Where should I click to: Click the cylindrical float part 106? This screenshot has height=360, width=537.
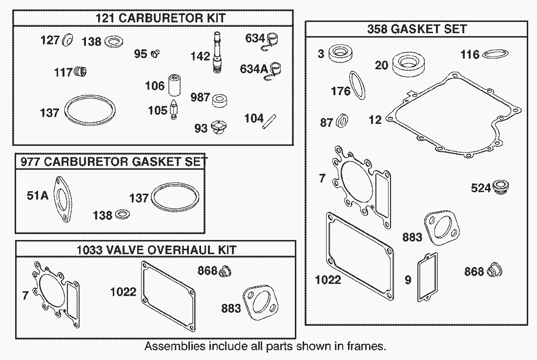(x=174, y=86)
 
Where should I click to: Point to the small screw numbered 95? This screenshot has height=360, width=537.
(x=156, y=54)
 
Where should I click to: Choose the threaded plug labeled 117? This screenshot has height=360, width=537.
(x=80, y=73)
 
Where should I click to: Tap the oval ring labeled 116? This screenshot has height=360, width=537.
(x=496, y=54)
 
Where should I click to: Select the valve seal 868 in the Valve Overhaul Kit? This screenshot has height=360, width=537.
(x=225, y=270)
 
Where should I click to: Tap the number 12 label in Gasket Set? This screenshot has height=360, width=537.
(x=375, y=119)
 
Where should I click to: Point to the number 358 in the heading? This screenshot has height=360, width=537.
(x=378, y=29)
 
